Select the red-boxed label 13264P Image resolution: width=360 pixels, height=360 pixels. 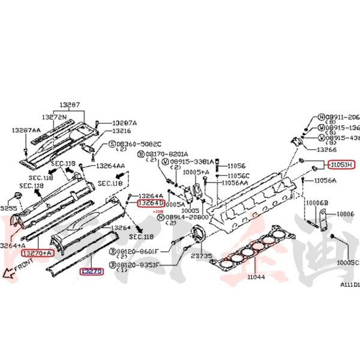tap(151, 203)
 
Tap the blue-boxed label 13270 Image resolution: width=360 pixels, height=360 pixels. tap(92, 271)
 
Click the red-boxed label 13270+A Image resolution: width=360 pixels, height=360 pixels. tap(37, 253)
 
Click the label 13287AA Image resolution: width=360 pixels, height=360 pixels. tap(25, 129)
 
